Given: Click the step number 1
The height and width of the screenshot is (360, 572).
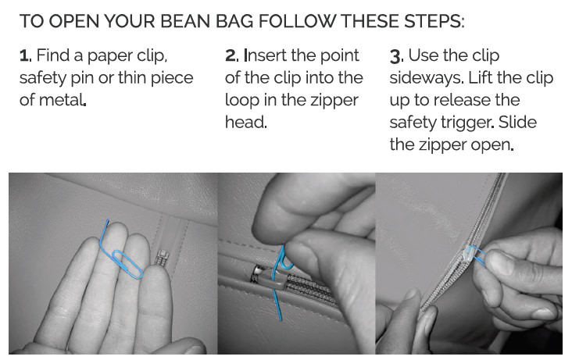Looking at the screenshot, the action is pyautogui.click(x=24, y=55).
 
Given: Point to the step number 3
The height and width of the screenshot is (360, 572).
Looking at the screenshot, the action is pyautogui.click(x=396, y=56).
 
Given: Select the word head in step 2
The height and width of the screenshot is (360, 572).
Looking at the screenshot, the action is pyautogui.click(x=245, y=122).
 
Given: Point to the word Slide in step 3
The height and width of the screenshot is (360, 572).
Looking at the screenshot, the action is pyautogui.click(x=517, y=122).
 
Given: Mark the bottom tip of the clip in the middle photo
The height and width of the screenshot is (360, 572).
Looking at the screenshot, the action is pyautogui.click(x=281, y=320).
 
